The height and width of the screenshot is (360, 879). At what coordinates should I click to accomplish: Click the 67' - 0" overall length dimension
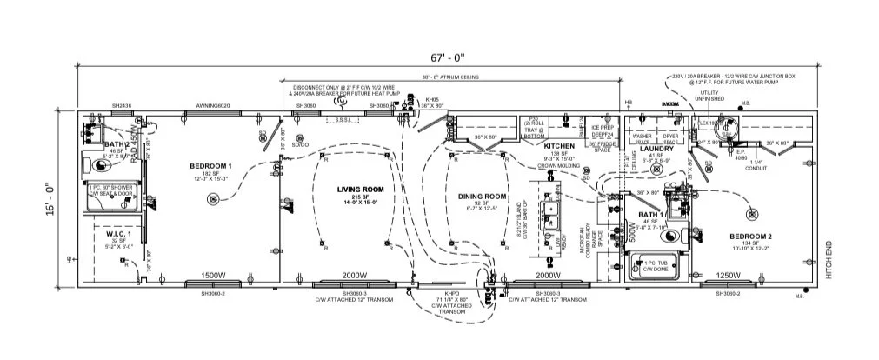tap(451, 57)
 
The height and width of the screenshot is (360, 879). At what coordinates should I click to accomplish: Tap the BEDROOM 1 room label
tap(211, 165)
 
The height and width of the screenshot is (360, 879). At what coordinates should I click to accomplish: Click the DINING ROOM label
tap(482, 197)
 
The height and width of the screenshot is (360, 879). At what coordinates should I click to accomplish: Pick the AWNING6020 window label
tap(210, 105)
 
